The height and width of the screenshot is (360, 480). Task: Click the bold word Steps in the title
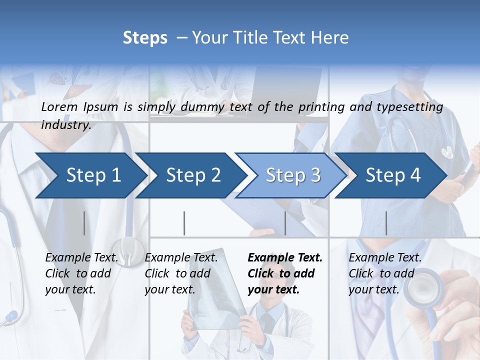click(x=145, y=38)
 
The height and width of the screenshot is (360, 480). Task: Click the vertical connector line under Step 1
click(x=84, y=223)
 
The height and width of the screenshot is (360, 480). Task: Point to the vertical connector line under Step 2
click(x=184, y=223)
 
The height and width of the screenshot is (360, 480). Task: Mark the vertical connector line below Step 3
click(x=285, y=223)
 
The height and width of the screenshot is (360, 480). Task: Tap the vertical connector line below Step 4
click(x=386, y=223)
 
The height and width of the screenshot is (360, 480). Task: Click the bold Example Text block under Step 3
click(x=284, y=273)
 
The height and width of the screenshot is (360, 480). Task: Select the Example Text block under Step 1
click(x=81, y=273)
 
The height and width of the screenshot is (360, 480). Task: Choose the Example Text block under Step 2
click(x=181, y=273)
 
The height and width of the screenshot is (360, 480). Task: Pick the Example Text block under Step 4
click(x=385, y=273)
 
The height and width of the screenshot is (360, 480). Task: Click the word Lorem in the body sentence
click(x=59, y=106)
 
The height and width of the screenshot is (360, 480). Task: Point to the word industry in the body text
click(x=65, y=125)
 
